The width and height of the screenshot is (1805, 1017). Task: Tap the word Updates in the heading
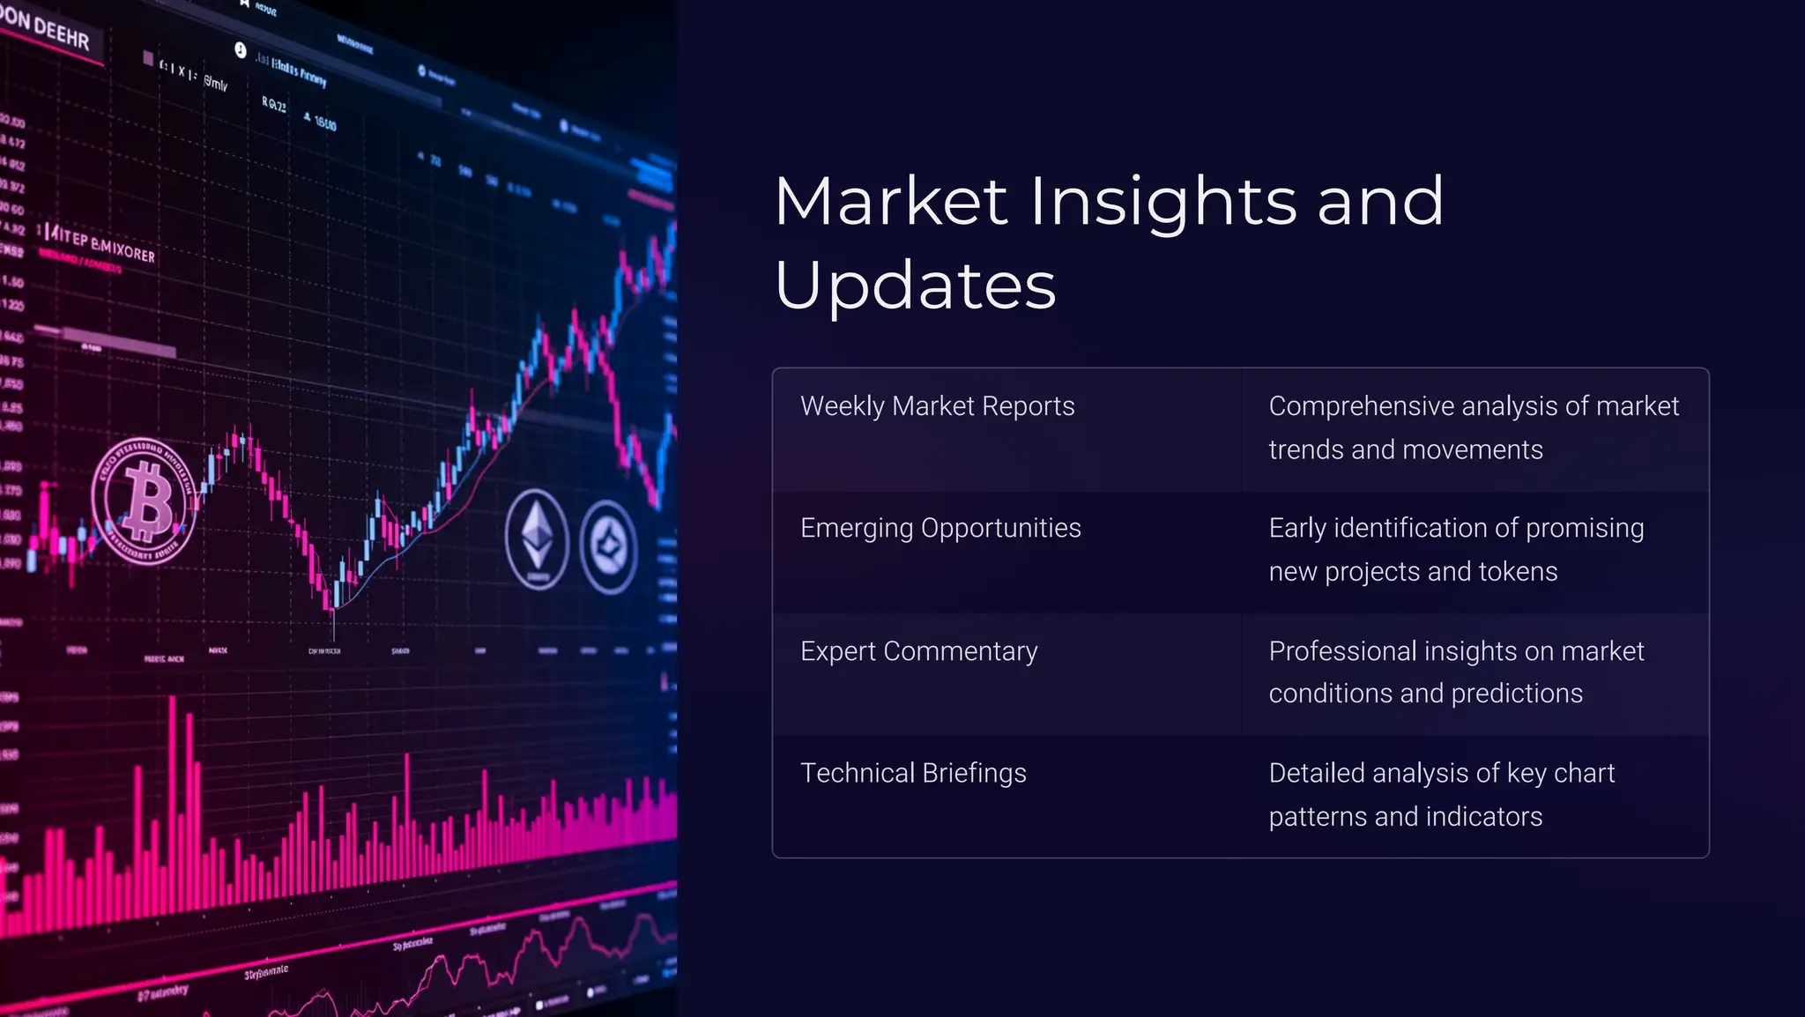pos(915,286)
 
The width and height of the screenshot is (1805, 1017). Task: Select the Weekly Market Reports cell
pos(937,406)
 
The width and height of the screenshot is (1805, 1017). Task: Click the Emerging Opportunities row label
pos(940,528)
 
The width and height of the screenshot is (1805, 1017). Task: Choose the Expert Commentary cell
pos(918,651)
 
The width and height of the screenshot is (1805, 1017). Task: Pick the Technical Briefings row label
pos(913,773)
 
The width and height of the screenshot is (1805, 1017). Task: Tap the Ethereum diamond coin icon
pos(537,539)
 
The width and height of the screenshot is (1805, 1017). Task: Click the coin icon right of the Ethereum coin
pos(608,547)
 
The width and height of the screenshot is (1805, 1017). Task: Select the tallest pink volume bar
pos(173,793)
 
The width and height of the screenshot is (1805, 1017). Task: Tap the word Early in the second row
pos(1296,528)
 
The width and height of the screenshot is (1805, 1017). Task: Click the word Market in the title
pos(890,203)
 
